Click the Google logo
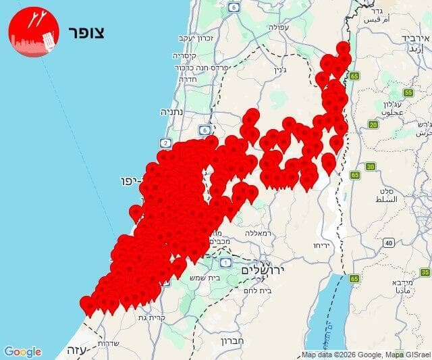click(x=22, y=352)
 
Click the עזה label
click(x=74, y=351)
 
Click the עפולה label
click(x=278, y=28)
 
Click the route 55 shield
click(x=408, y=92)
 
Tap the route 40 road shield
click(x=389, y=242)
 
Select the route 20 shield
click(x=373, y=124)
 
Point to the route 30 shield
click(x=370, y=166)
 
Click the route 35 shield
click(x=425, y=272)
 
